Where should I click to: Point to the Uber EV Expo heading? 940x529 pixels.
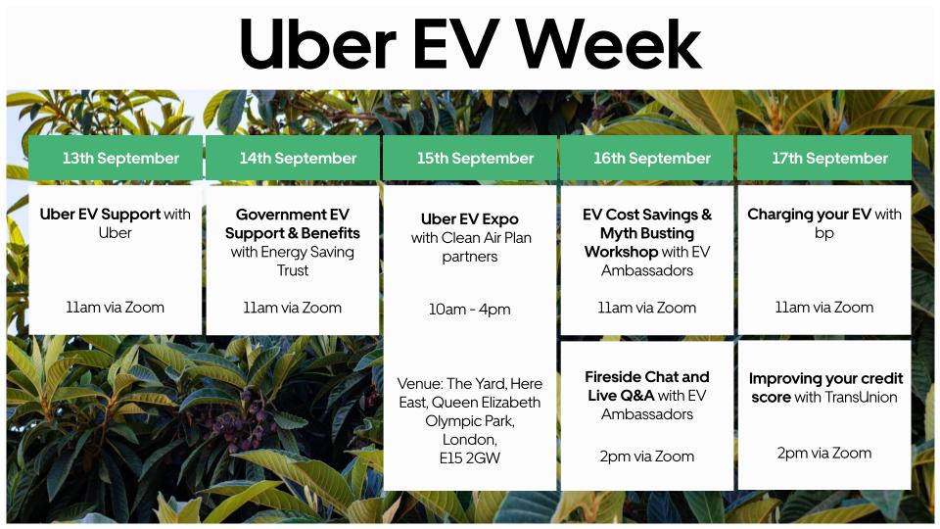470,218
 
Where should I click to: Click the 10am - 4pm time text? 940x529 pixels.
470,310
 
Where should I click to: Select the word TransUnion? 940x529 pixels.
863,397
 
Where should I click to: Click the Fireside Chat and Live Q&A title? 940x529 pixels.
646,386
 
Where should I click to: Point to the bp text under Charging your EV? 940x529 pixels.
824,233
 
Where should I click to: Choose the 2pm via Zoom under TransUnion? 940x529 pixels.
824,453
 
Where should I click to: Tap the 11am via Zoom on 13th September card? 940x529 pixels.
116,307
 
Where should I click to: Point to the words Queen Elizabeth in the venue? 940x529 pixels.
486,402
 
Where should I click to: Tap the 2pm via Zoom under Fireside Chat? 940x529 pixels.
646,456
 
